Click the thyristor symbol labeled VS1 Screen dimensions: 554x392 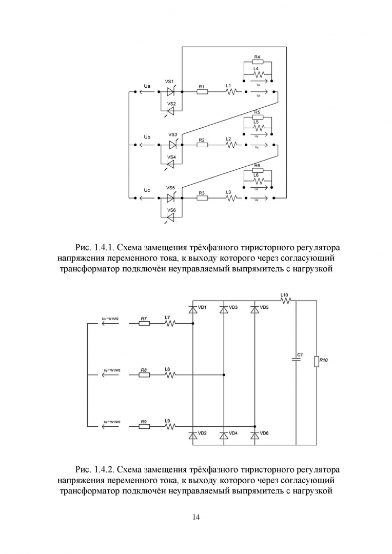170,92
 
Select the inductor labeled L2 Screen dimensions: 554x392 230,145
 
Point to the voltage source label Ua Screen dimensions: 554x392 147,86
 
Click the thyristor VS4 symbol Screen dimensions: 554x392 170,164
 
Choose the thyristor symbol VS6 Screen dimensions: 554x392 170,217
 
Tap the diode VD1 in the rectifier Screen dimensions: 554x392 193,309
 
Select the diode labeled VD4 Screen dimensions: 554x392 224,435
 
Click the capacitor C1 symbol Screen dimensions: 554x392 297,360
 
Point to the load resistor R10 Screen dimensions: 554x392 317,361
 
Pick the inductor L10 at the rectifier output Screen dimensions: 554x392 285,301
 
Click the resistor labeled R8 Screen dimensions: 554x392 144,375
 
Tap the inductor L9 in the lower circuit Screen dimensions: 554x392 169,426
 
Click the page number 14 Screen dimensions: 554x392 196,517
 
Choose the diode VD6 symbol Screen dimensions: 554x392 255,435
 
